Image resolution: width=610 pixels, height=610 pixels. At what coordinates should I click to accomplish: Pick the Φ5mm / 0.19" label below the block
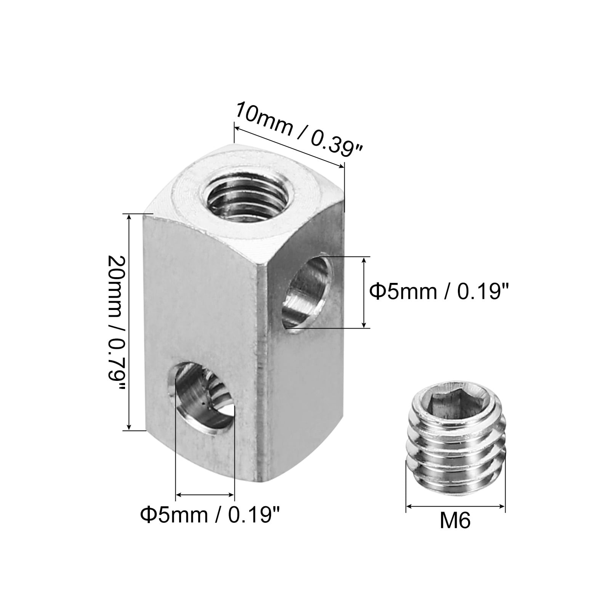point(210,515)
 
